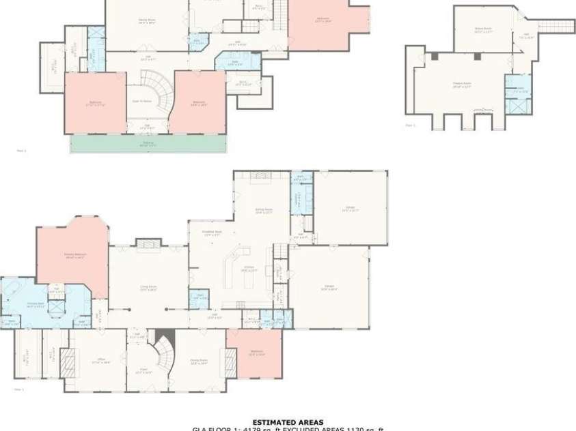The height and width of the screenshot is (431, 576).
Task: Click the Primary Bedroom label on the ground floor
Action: pyautogui.click(x=74, y=258)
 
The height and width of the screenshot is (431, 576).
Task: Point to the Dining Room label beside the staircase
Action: pyautogui.click(x=199, y=363)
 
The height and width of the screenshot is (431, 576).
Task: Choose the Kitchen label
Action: pyautogui.click(x=250, y=270)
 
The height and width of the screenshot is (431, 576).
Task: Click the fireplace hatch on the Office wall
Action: pyautogui.click(x=66, y=361)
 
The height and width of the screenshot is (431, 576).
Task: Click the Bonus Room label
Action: pyautogui.click(x=484, y=29)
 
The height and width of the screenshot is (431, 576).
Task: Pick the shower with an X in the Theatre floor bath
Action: pyautogui.click(x=517, y=106)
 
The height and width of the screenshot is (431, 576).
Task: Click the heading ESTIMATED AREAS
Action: pyautogui.click(x=288, y=422)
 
